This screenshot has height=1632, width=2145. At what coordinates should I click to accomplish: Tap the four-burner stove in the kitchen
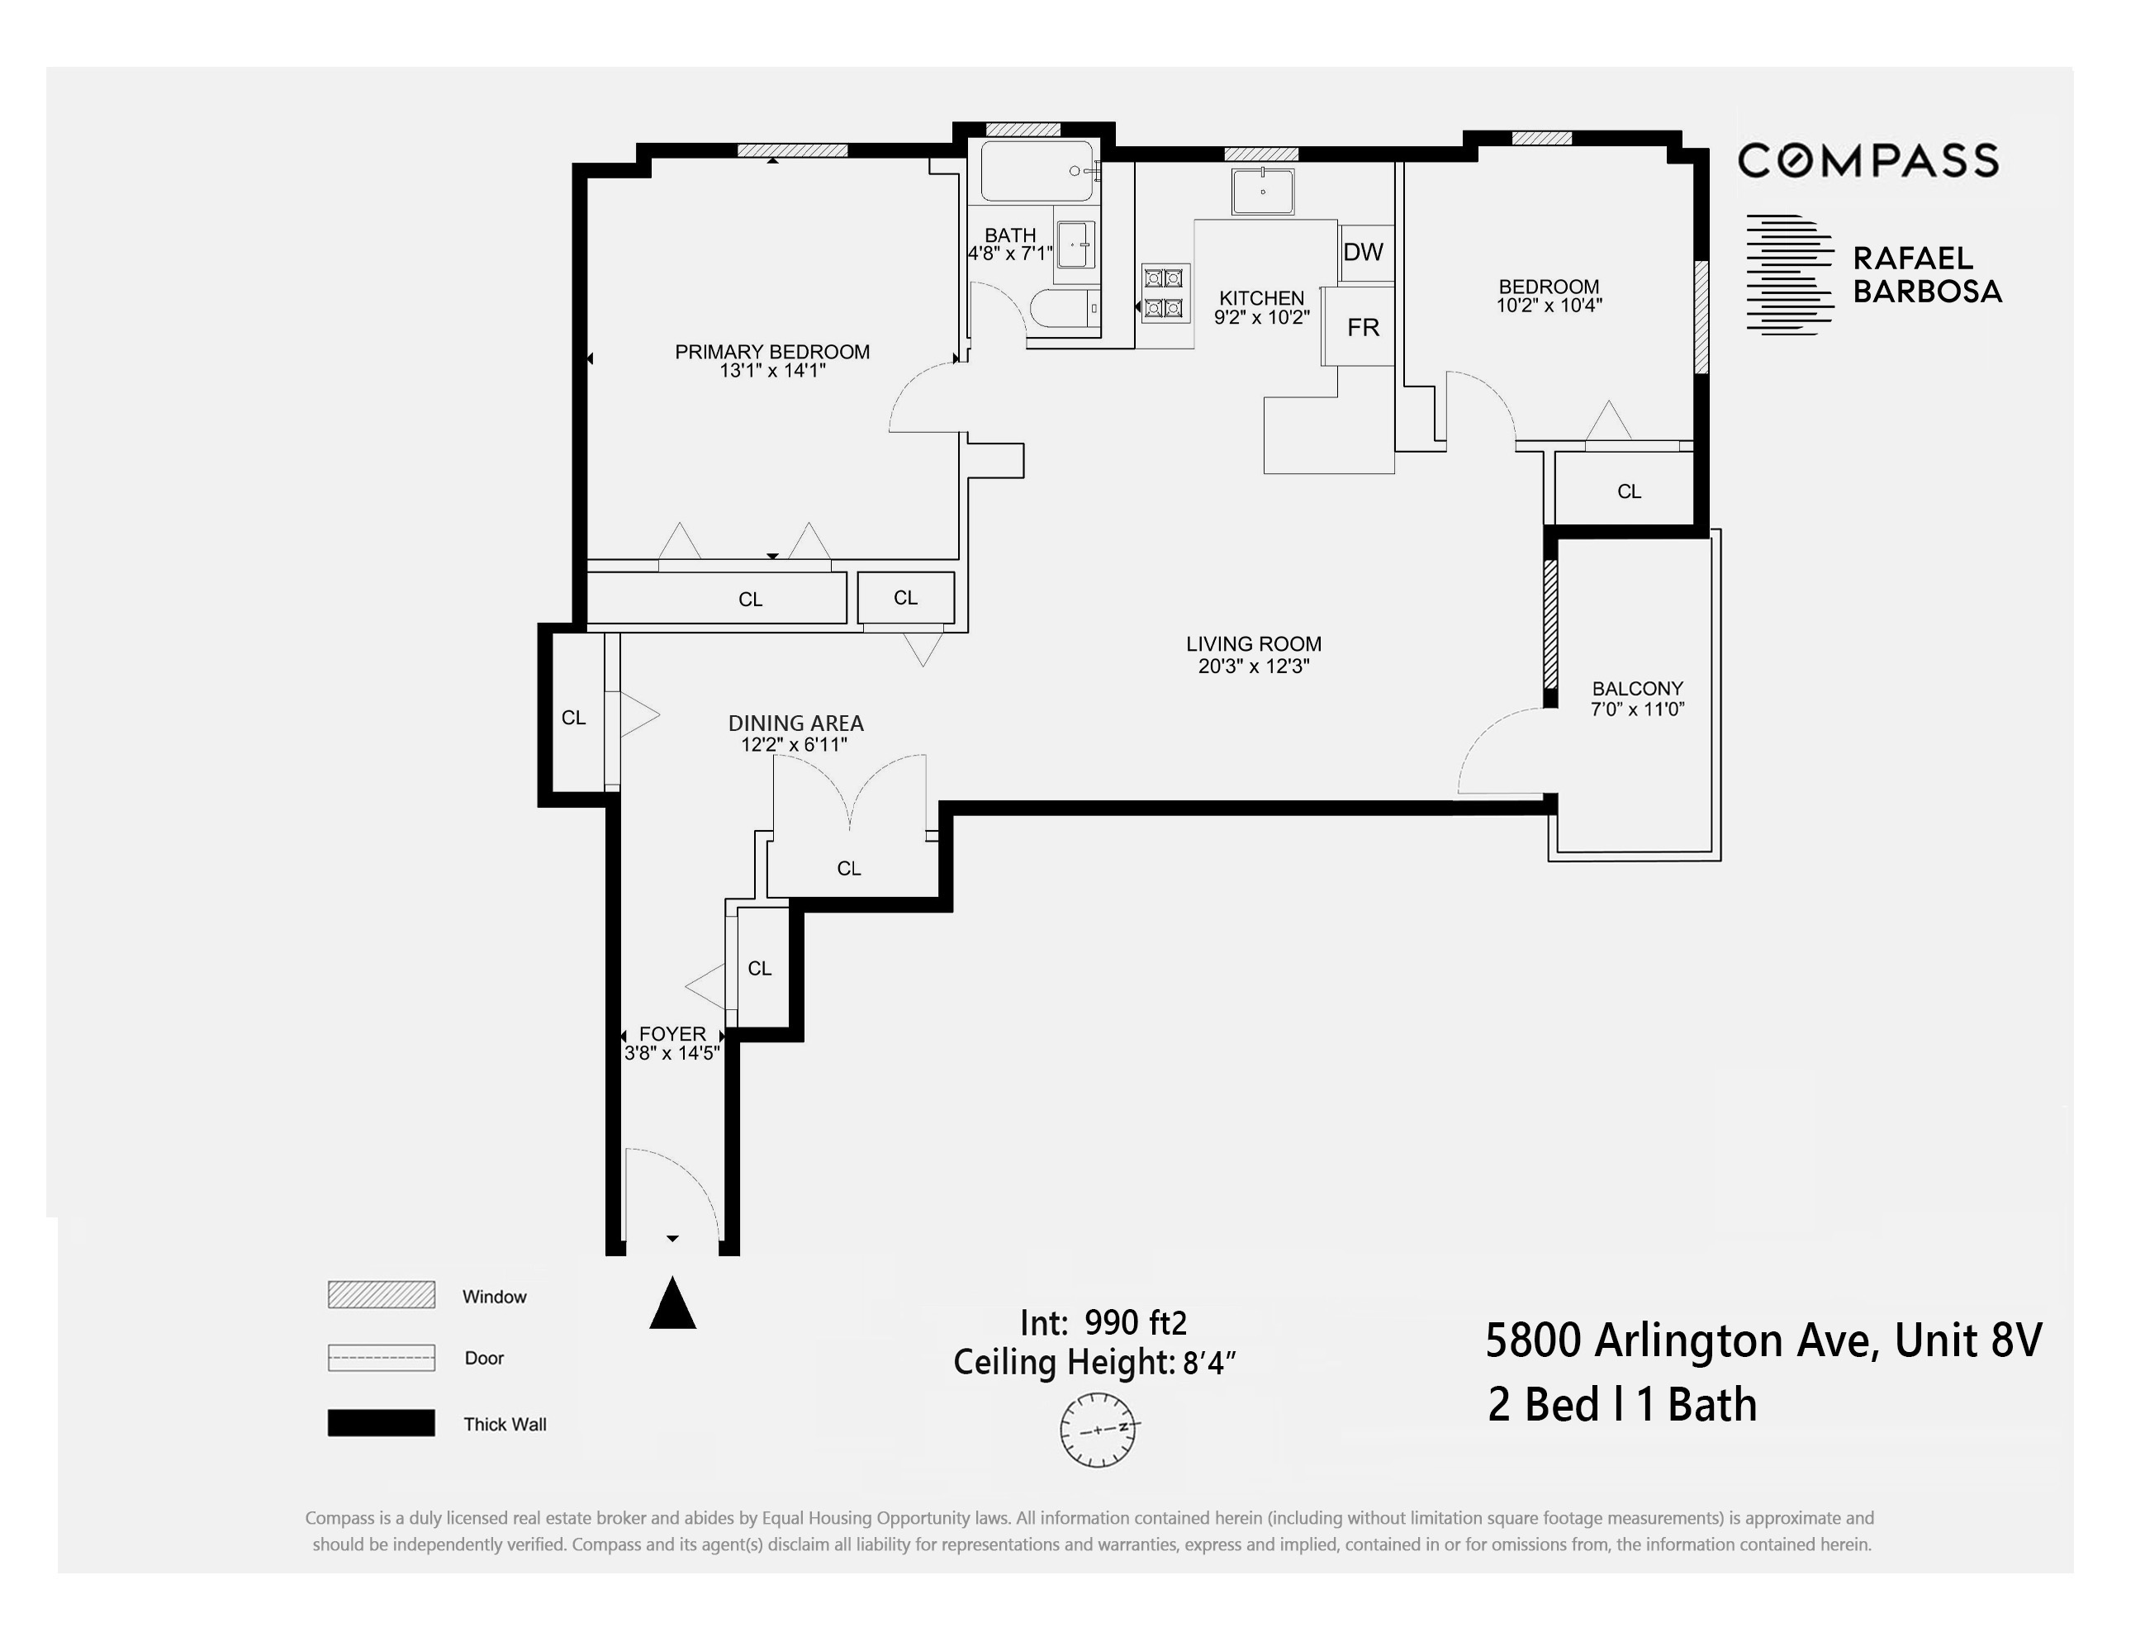(x=1165, y=294)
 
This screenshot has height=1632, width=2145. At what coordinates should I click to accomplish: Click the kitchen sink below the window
(x=1264, y=192)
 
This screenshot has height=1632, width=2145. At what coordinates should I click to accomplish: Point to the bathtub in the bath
(x=1036, y=172)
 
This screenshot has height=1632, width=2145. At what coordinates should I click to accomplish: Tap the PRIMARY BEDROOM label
(x=773, y=353)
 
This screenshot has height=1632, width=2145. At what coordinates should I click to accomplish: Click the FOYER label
(x=673, y=1036)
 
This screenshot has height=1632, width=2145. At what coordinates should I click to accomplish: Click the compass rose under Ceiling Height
(x=1099, y=1430)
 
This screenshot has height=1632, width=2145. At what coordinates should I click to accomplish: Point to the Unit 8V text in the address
(x=1969, y=1342)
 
